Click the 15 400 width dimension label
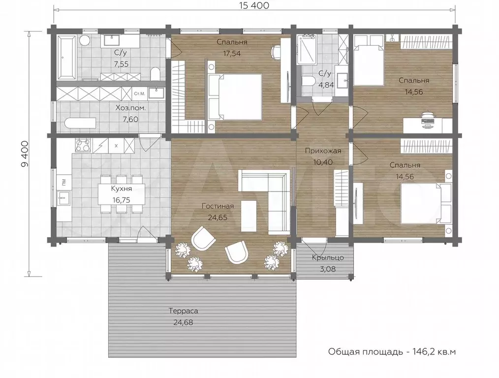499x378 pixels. (253, 5)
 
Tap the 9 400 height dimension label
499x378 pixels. (25, 154)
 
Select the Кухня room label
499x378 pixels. (121, 189)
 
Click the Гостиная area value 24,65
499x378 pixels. (218, 218)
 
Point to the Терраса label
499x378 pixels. (183, 311)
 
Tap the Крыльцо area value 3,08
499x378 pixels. (328, 269)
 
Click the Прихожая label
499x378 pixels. (323, 151)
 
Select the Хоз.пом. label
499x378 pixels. (130, 108)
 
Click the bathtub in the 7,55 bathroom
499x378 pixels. (66, 57)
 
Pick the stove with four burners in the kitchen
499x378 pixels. (83, 146)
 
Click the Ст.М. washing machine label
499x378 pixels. (140, 94)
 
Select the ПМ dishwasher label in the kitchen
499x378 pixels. (64, 182)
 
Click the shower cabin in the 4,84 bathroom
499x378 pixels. (306, 50)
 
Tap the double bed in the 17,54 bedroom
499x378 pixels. (236, 97)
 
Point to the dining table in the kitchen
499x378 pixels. (121, 194)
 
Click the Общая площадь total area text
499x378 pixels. (392, 351)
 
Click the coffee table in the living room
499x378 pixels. (248, 216)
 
